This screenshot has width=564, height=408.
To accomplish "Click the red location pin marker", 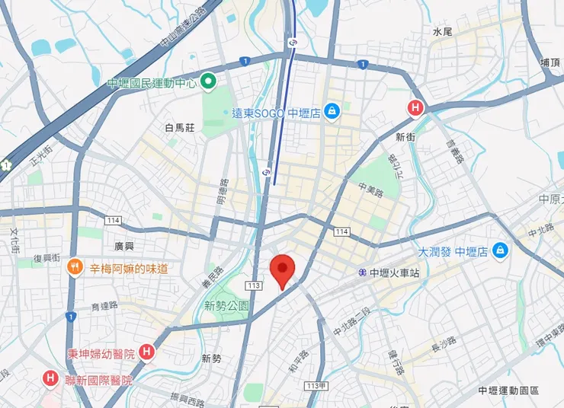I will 283,269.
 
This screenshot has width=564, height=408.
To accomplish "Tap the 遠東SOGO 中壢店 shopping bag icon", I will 332,113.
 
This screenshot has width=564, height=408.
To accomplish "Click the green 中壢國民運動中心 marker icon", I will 208,83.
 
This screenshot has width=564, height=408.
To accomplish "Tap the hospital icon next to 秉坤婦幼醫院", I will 147,352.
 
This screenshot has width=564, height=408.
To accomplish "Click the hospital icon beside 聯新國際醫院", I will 50,378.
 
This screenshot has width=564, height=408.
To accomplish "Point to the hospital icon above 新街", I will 415,108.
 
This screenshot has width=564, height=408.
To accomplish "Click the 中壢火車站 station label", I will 394,272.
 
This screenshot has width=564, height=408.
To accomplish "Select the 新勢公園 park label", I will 226,305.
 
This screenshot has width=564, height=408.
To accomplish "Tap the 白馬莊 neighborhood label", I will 180,127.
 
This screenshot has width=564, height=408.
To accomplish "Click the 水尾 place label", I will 442,32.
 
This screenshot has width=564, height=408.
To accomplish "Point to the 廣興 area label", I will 123,246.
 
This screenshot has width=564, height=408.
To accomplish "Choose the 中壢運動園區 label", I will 508,390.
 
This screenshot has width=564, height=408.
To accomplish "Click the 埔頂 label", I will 550,62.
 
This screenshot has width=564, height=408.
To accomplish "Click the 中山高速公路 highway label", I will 183,28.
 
